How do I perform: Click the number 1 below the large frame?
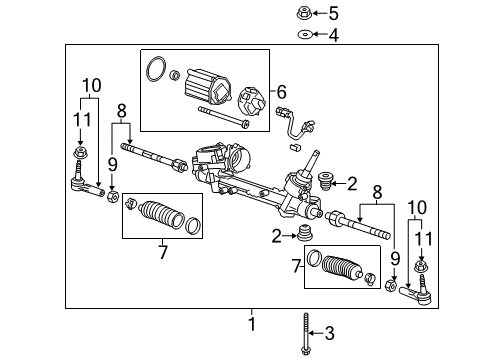[x=252, y=324]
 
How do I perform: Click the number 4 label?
[x=333, y=35]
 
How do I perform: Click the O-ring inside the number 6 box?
[x=157, y=71]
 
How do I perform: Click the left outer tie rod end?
[x=88, y=184]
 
